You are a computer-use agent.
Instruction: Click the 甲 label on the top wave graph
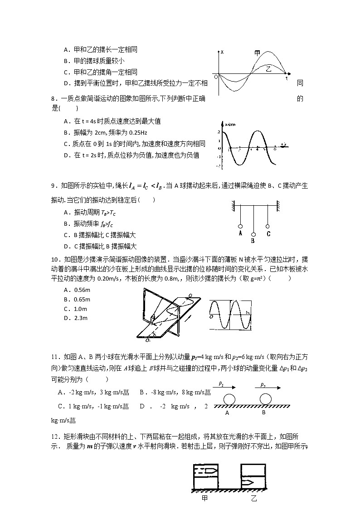(x=257, y=53)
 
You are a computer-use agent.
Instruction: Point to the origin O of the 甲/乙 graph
(x=216, y=77)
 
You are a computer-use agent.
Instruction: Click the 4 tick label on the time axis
(x=257, y=149)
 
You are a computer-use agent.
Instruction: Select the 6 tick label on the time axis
(x=275, y=149)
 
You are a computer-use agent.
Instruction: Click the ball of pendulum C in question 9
(x=268, y=226)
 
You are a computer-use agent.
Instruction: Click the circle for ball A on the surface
(x=229, y=399)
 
